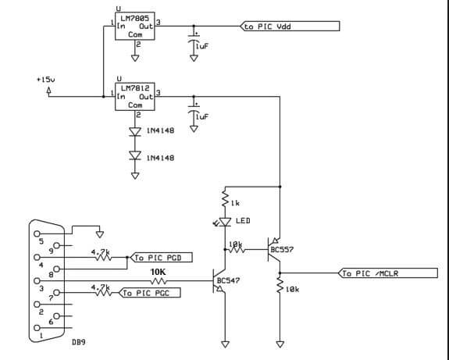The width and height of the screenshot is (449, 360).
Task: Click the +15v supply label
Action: tap(46, 80)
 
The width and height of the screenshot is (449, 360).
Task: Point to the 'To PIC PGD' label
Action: tap(162, 257)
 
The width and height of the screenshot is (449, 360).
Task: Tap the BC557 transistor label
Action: tap(281, 250)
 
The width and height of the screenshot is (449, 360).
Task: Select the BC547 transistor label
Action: tap(227, 279)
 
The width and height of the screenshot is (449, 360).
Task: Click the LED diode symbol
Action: tap(226, 223)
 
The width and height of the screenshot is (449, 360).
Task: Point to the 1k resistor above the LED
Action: tap(225, 201)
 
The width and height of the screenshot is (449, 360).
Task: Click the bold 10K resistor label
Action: tap(159, 271)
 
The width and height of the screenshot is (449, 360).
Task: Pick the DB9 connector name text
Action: tap(79, 342)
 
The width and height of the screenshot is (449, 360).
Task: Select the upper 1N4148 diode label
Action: tap(159, 130)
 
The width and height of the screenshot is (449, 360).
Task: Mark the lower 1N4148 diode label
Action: tap(159, 158)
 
